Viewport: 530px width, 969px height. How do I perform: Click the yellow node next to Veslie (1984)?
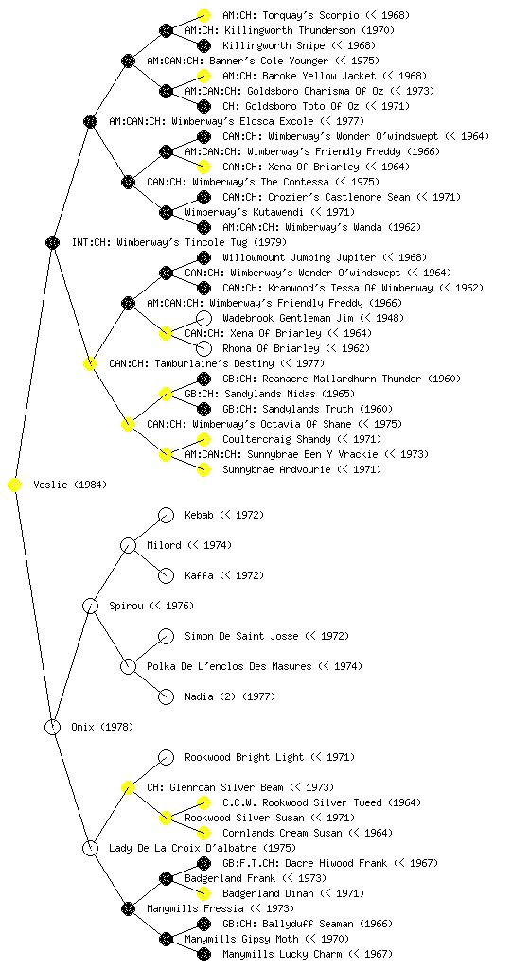coord(15,485)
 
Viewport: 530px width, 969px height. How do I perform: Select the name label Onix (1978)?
coord(102,727)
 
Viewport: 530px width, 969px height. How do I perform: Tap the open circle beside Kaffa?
coord(166,576)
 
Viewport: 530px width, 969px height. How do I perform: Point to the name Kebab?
coord(199,515)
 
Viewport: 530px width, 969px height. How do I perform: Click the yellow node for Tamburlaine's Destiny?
coord(90,363)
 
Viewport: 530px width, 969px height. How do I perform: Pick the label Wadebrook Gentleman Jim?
coord(288,318)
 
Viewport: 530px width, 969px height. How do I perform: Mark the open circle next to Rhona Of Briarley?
coord(203,348)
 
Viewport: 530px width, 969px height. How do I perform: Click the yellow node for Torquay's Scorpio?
coord(203,15)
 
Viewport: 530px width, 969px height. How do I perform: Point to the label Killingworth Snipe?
coord(274,45)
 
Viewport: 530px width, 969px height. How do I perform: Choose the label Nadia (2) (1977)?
coord(230,696)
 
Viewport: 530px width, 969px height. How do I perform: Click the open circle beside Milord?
coord(128,546)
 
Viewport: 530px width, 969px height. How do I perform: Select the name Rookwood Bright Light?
coord(244,757)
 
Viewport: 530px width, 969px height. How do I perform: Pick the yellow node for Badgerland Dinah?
coord(203,893)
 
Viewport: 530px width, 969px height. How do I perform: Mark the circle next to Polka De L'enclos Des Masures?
coord(128,667)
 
